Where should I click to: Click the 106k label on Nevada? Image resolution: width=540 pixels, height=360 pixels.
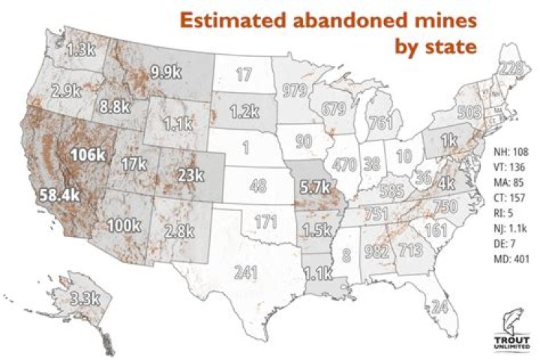coord(89,155)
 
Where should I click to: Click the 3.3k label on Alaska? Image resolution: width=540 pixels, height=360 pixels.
coord(82,298)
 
